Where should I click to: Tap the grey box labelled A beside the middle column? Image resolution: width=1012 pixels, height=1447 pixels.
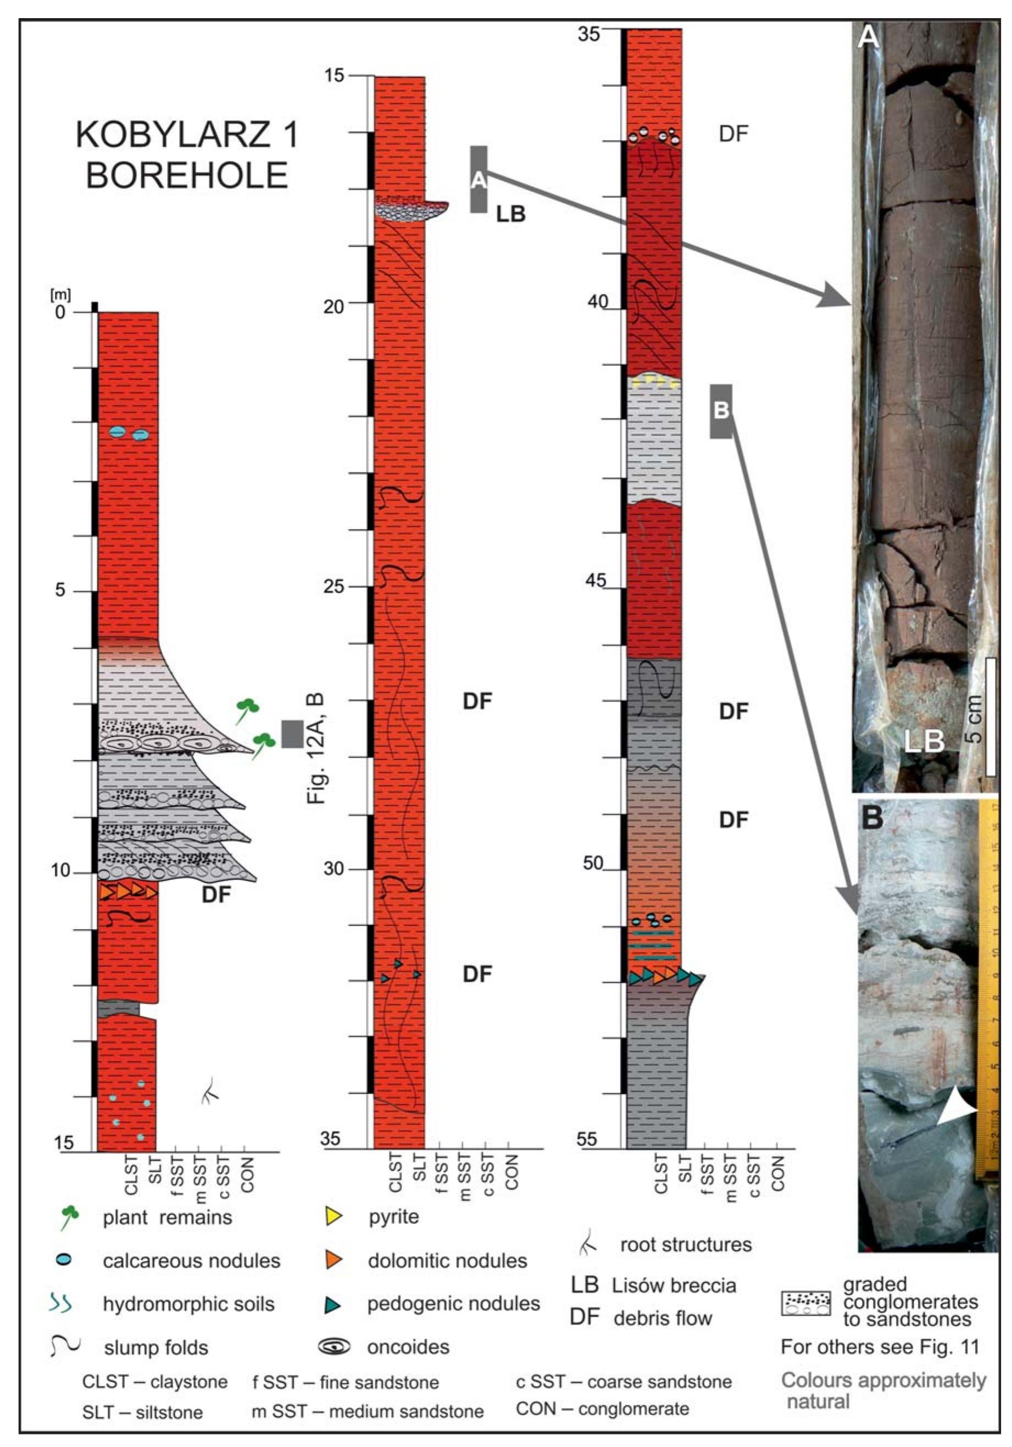click(479, 180)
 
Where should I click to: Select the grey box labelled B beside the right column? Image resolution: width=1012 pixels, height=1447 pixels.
click(721, 411)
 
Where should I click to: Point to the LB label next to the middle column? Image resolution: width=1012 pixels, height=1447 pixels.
click(510, 214)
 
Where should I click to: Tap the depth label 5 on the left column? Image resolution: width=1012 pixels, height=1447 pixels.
click(60, 590)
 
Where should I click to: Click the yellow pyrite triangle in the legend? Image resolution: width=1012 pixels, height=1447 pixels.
click(333, 1216)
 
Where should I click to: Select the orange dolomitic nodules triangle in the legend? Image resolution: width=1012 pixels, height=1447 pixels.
click(333, 1259)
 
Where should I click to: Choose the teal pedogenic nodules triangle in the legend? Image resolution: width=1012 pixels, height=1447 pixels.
click(333, 1304)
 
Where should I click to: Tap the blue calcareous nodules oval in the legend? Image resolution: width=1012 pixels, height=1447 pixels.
click(64, 1259)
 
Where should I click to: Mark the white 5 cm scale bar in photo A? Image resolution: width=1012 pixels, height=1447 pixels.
click(991, 716)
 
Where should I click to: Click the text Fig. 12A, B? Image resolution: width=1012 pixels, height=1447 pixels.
click(316, 748)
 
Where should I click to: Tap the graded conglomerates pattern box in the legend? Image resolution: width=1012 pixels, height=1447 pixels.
click(805, 1304)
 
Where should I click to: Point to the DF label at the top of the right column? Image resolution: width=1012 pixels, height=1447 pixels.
click(733, 133)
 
